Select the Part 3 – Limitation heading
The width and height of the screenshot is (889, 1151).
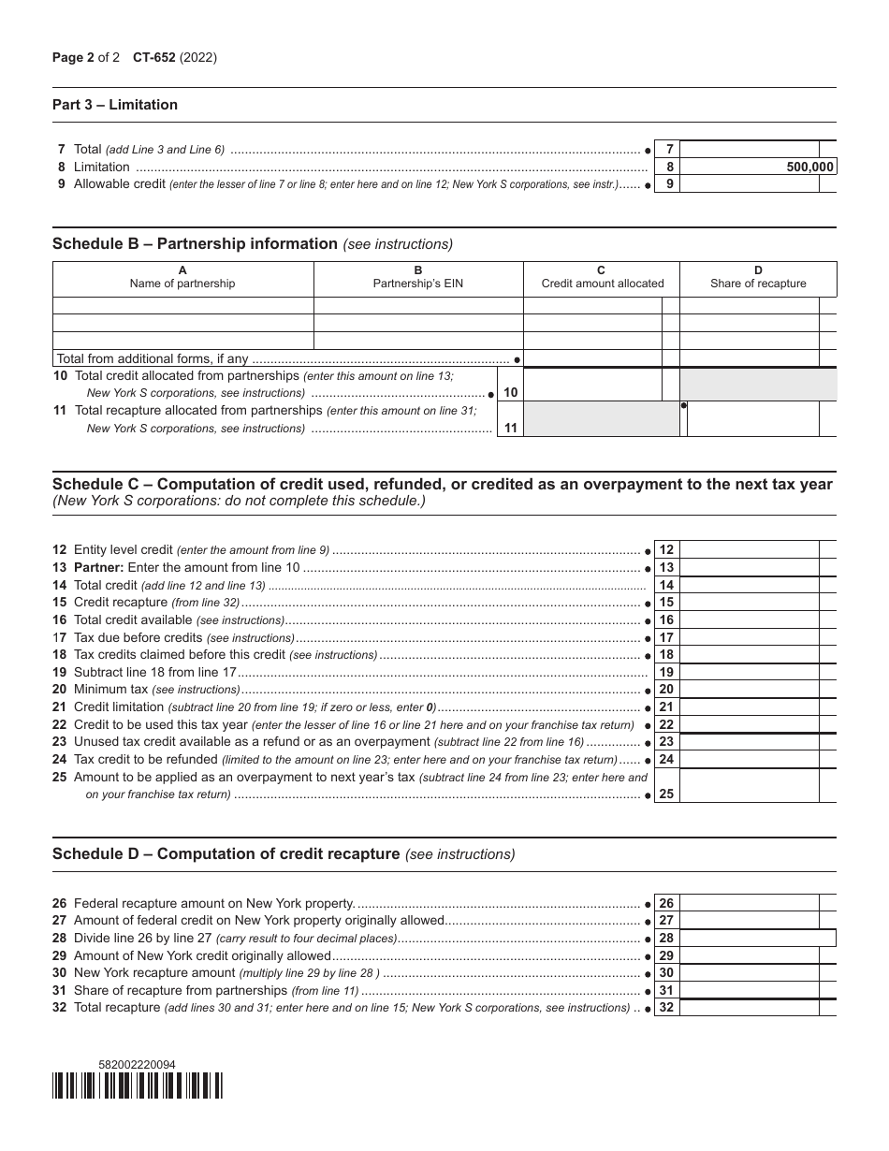[115, 105]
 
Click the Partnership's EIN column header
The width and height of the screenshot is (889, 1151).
[418, 277]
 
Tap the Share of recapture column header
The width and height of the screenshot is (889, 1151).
[758, 277]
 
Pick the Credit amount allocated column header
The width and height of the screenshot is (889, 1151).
[602, 277]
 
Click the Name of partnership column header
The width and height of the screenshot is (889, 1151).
[182, 277]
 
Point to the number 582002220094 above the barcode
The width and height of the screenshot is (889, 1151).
[137, 1065]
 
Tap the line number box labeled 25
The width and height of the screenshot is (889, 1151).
[666, 794]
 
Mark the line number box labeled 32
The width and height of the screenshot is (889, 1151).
[666, 1008]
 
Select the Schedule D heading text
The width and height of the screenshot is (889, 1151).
[226, 853]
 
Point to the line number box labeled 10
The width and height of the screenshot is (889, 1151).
[510, 393]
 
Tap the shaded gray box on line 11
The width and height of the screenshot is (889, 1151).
[601, 418]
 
